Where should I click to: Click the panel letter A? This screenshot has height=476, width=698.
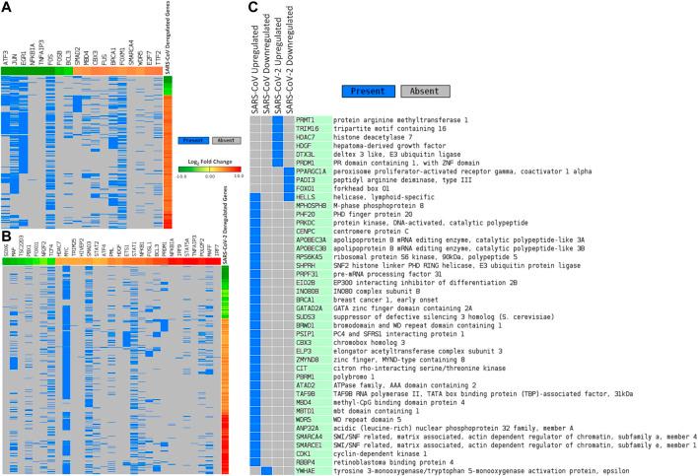6,7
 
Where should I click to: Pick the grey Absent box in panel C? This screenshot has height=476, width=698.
427,91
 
